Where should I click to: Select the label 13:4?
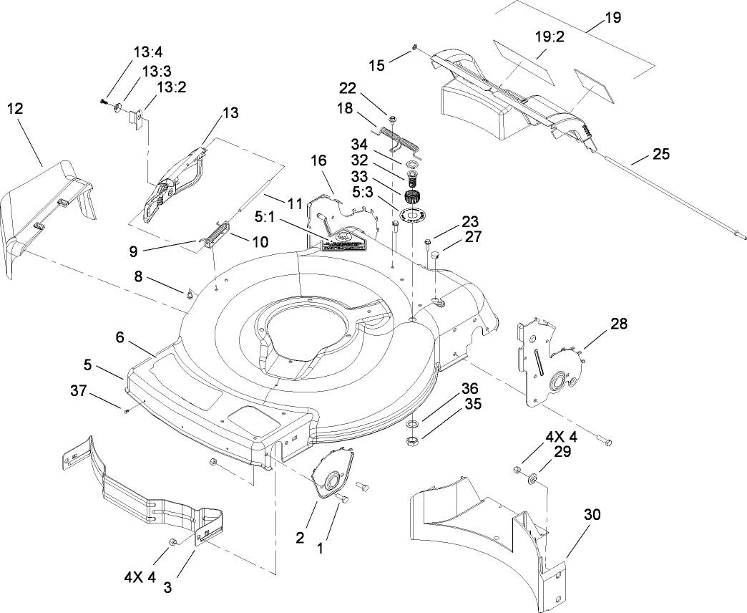148,52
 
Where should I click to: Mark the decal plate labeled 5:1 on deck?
344,241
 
